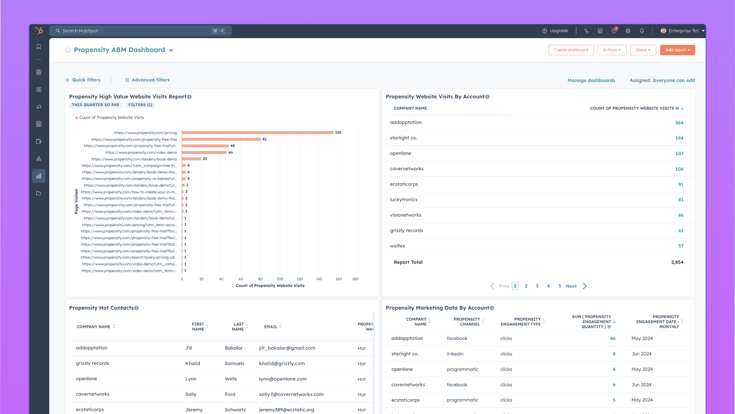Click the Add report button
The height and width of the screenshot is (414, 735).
tap(677, 50)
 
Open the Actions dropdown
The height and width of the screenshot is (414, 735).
tap(611, 50)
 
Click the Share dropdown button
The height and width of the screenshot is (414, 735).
tap(643, 50)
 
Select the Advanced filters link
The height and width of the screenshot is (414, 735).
tap(147, 80)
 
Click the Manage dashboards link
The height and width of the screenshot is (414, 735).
tap(591, 80)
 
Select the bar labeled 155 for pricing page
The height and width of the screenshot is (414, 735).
tap(257, 132)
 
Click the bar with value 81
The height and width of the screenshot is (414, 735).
tap(221, 139)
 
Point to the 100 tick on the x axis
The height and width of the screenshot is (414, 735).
tap(280, 279)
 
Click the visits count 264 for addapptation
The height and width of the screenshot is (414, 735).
tap(679, 123)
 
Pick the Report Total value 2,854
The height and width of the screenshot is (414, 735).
tap(677, 262)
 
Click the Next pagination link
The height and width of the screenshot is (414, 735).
tap(571, 286)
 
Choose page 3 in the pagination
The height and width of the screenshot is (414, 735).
tap(537, 286)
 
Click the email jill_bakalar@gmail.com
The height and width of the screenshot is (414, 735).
tap(287, 348)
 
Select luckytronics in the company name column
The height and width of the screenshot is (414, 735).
tap(403, 200)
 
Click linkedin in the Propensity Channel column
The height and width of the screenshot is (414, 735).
tap(455, 354)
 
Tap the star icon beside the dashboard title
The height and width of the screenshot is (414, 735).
tap(68, 50)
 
